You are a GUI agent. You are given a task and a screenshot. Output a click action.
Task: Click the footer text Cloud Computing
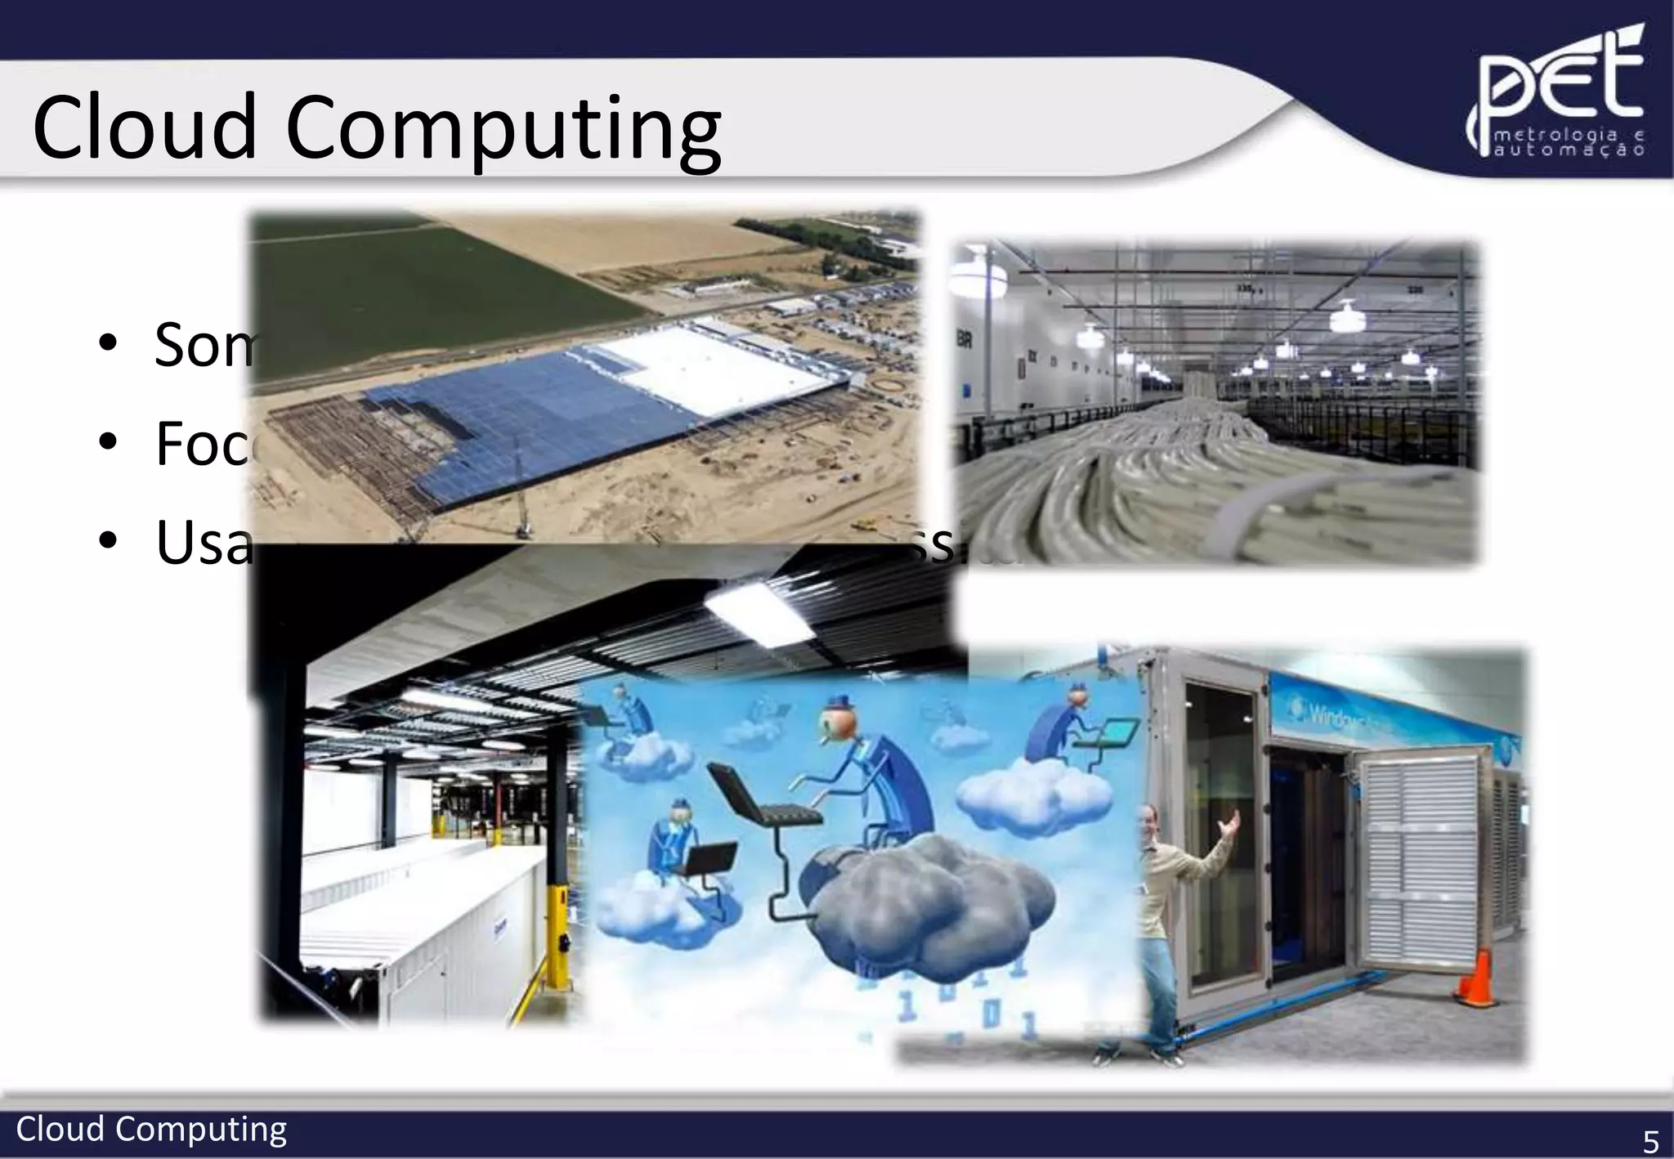(151, 1130)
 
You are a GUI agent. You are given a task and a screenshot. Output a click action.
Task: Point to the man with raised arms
(1169, 915)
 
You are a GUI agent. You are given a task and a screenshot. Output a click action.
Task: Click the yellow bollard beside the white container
(561, 932)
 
